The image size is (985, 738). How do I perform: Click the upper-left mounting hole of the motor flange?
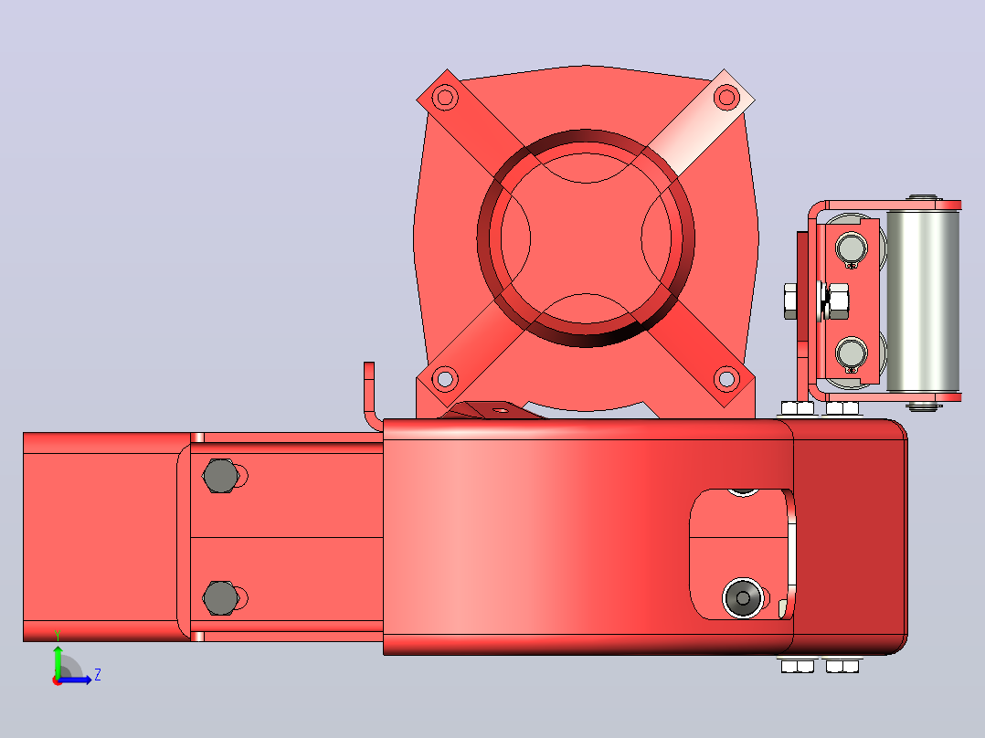445,98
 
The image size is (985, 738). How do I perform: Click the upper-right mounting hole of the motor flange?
726,98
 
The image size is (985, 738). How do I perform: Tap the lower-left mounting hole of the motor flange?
445,379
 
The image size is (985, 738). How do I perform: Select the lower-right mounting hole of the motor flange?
726,379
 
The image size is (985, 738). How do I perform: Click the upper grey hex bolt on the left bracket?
220,476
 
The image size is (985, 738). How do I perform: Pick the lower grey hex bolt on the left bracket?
220,598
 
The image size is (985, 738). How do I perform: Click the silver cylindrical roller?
923,300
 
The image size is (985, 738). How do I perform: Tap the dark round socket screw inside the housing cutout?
743,597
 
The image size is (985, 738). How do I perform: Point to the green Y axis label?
58,635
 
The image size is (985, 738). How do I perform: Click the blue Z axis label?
98,675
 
